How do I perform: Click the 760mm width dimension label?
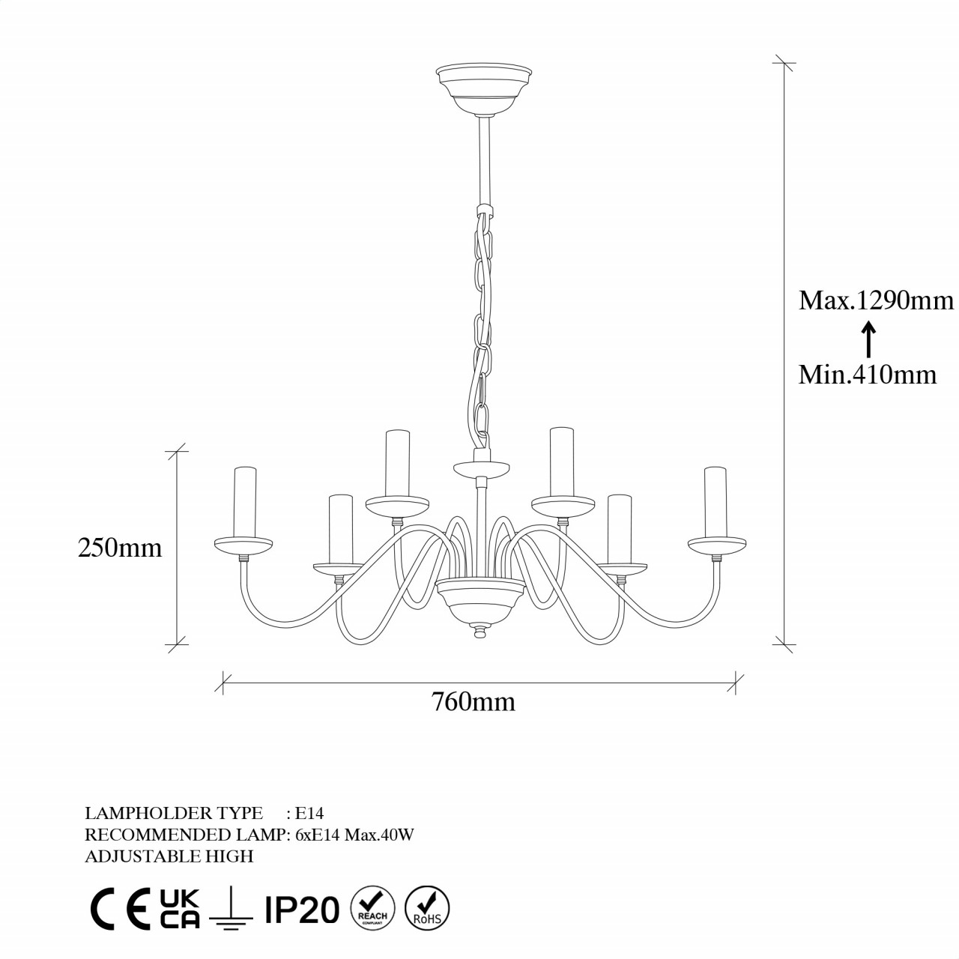coord(473,702)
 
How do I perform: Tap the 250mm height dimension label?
coord(120,548)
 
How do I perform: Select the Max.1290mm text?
coord(876,300)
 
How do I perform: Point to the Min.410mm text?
coord(867,374)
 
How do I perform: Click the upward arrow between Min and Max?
coord(868,339)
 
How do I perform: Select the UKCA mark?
coord(179,910)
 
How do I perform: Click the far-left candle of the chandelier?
coord(245,501)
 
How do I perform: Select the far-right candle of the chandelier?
coord(715,501)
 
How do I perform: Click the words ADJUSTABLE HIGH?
coord(169,856)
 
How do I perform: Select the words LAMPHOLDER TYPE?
coord(174,813)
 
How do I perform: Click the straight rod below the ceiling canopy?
coord(484,157)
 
